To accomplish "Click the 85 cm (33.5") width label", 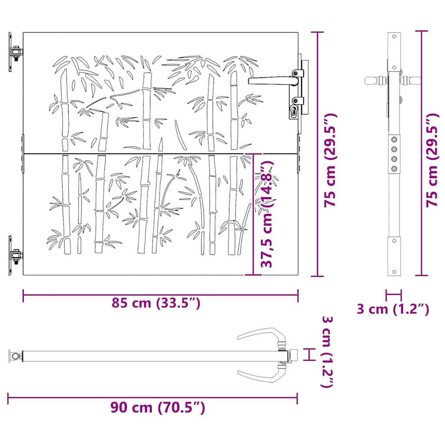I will (x=156, y=303).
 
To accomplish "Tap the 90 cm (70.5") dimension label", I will (x=157, y=408).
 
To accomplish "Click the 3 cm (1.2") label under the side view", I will (x=393, y=309).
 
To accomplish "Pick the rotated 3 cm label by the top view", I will (x=327, y=352).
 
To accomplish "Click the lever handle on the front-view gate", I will (x=272, y=80).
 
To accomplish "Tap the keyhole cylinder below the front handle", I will (x=294, y=111).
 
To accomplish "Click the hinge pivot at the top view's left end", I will (x=17, y=357).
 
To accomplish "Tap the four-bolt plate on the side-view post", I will (x=394, y=154).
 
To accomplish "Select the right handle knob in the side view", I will (x=412, y=80).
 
